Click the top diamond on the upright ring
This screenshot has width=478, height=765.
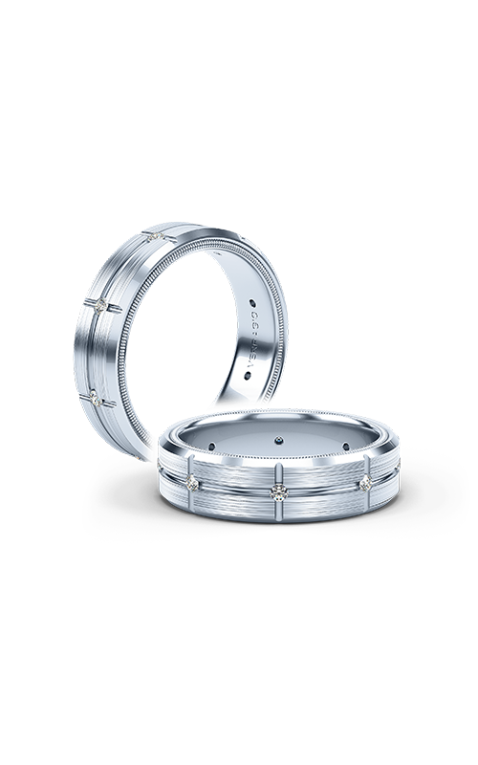tap(157, 235)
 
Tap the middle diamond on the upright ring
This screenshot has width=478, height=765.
tap(104, 304)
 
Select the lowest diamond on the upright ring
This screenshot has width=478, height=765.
tap(95, 393)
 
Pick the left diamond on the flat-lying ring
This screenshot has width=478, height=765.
tap(196, 481)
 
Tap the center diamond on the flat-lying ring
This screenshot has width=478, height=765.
tap(277, 492)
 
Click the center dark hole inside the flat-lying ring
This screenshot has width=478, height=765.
tap(277, 441)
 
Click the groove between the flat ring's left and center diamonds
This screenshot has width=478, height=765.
tap(236, 489)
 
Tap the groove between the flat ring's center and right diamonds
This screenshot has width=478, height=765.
tap(321, 488)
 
